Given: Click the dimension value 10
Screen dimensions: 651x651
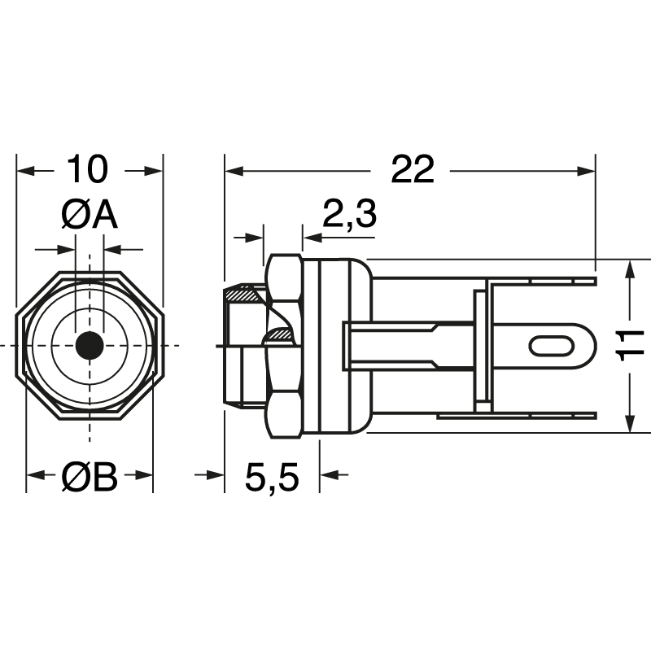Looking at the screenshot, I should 88,170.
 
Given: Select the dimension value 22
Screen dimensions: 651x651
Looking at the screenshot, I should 413,170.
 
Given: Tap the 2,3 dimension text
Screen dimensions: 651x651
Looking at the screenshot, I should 350,215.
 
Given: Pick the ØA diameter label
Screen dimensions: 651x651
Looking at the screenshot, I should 90,216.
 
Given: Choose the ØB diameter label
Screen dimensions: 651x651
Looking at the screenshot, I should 90,478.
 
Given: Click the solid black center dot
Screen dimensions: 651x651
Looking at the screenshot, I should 89,346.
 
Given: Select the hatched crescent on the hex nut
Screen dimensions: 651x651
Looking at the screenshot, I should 281,333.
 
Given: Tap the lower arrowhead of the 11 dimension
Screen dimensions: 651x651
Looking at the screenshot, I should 629,422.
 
